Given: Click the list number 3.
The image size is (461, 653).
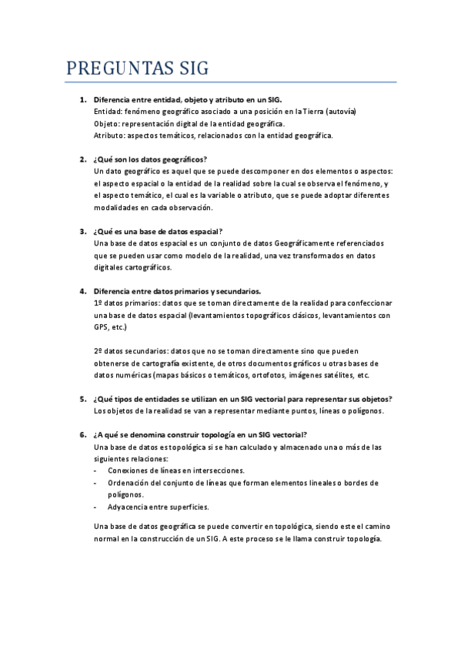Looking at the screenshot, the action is coord(82,231).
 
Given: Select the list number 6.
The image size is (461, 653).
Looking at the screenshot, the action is coord(82,434).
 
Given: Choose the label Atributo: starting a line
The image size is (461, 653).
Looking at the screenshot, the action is coord(109,136).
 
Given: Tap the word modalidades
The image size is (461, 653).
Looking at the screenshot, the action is coord(119,208).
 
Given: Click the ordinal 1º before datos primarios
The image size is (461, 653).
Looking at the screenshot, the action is coord(98,303).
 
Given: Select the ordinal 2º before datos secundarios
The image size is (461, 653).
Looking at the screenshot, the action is coord(98,351).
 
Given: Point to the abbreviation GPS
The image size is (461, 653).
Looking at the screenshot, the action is coord(102,327).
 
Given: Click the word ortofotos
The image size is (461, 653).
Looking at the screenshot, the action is coord(265,375).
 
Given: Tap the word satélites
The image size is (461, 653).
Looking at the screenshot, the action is coord(336,375).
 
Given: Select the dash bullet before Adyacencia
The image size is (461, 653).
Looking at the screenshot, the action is coord(95,507).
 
